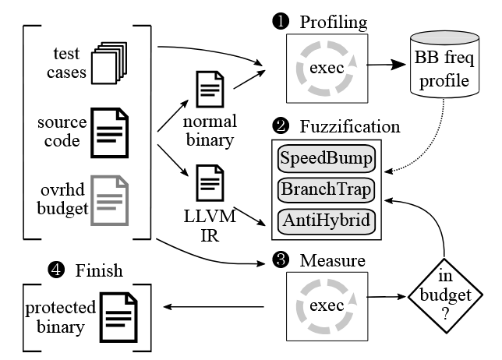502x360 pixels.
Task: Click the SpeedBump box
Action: (327, 160)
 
